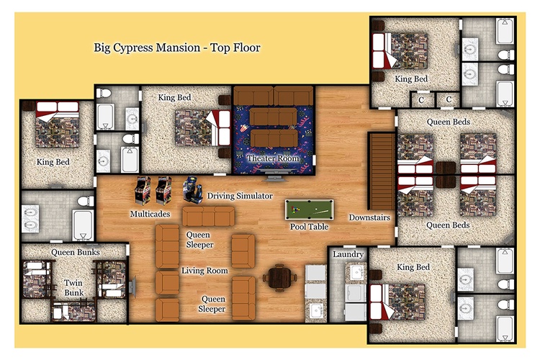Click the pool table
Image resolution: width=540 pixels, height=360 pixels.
pyautogui.click(x=309, y=210)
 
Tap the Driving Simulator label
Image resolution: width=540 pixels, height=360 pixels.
pyautogui.click(x=240, y=196)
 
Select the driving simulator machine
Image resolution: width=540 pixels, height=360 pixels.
pyautogui.click(x=192, y=190)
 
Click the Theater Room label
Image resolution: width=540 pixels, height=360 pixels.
pyautogui.click(x=273, y=158)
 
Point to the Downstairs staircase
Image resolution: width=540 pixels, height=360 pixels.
pyautogui.click(x=382, y=171)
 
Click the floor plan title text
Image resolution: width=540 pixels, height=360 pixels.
pyautogui.click(x=177, y=48)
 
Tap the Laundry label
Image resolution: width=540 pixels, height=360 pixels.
pyautogui.click(x=348, y=255)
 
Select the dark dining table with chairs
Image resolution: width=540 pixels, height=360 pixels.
pyautogui.click(x=279, y=278)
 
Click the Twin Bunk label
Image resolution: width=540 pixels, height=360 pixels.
pyautogui.click(x=73, y=288)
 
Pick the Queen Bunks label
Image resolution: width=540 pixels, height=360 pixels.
pyautogui.click(x=76, y=253)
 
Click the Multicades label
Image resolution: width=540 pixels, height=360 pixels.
pyautogui.click(x=150, y=214)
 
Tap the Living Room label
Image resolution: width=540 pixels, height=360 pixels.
pyautogui.click(x=204, y=271)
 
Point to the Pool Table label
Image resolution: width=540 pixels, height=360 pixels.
pyautogui.click(x=309, y=227)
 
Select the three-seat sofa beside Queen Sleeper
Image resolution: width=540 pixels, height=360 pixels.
pyautogui.click(x=208, y=216)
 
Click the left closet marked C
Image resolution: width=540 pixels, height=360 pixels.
pyautogui.click(x=421, y=100)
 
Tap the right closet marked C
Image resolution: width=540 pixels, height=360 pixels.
pyautogui.click(x=449, y=100)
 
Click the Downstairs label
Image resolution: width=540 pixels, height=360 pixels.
pyautogui.click(x=369, y=217)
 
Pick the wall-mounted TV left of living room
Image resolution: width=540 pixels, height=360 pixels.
pyautogui.click(x=132, y=287)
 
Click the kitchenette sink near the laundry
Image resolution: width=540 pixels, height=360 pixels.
pyautogui.click(x=316, y=311)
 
